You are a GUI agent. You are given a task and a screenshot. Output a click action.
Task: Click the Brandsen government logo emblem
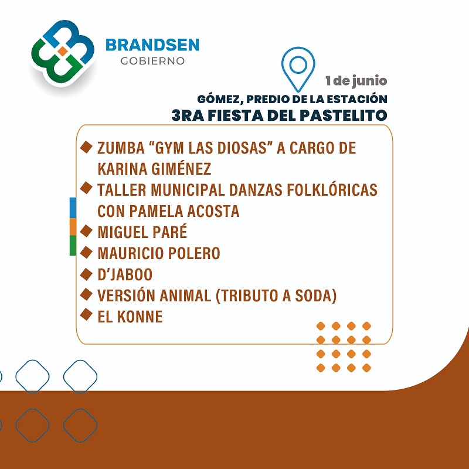tap(63, 53)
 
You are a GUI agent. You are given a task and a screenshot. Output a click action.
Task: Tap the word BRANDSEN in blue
tap(152, 45)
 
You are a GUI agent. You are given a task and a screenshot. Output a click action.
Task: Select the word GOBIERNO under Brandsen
tap(152, 61)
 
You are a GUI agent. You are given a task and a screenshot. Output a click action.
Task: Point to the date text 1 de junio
tap(356, 81)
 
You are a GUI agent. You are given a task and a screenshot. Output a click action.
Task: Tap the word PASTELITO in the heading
tap(344, 115)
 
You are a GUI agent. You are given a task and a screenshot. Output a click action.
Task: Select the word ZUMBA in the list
tap(121, 148)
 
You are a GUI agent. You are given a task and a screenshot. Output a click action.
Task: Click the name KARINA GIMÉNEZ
tap(154, 169)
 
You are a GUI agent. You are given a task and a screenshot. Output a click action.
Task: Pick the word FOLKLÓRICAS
tap(332, 190)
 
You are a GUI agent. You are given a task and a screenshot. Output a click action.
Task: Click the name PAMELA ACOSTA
tap(184, 211)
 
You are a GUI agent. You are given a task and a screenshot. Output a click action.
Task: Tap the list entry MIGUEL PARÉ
tap(142, 232)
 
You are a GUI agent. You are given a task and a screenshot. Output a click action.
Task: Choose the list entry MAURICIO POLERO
tap(159, 253)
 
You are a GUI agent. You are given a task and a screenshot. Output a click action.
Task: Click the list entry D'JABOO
tap(125, 274)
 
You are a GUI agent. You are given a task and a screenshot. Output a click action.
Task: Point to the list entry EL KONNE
tap(130, 317)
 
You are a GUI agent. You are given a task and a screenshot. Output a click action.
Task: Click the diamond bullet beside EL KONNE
tap(86, 314)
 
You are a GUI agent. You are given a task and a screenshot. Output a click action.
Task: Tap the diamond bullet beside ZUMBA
tap(86, 147)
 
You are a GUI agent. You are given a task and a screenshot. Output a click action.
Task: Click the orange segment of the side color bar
tap(73, 227)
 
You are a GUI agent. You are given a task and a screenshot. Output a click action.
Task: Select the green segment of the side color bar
tap(73, 246)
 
